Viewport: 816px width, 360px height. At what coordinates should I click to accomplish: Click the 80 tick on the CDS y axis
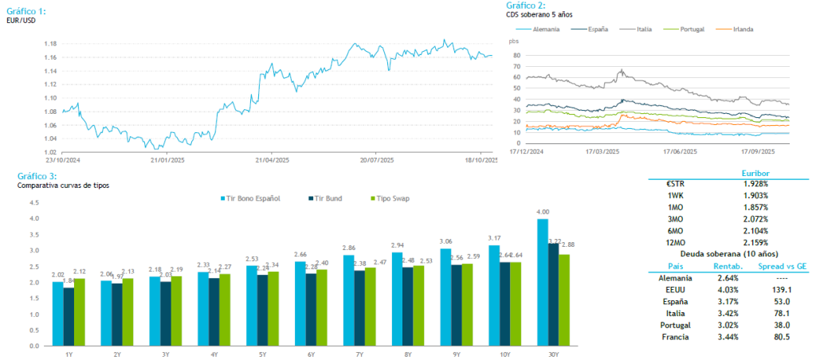pos(517,56)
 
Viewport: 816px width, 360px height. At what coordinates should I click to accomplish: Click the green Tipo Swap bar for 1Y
pos(79,312)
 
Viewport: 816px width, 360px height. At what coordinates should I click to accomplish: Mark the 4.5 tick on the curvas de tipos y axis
pos(34,202)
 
